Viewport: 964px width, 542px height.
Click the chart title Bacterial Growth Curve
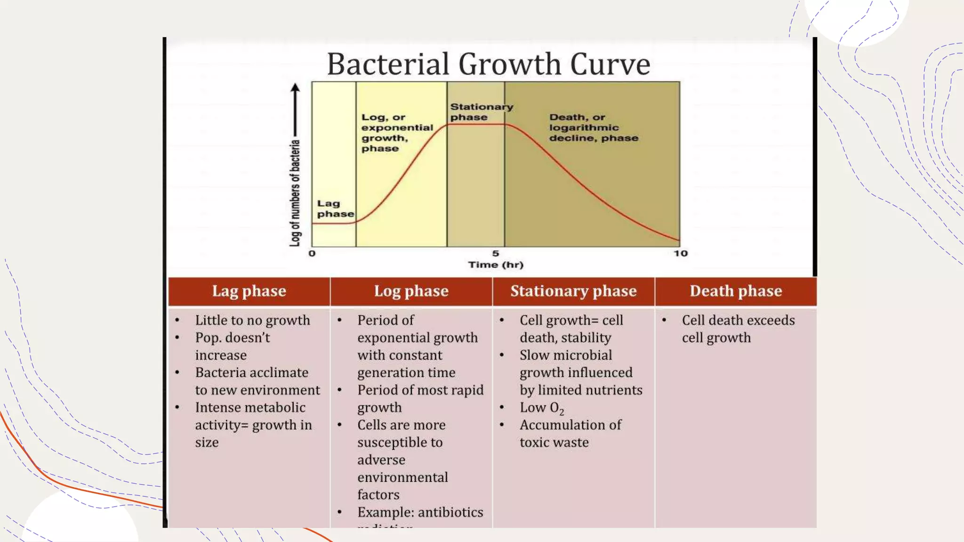488,64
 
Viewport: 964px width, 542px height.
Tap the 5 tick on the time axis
495,254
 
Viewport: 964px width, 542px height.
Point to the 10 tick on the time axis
680,254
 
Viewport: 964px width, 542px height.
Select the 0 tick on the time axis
312,254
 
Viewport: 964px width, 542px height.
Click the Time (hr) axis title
496,265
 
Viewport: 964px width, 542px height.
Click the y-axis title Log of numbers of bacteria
295,193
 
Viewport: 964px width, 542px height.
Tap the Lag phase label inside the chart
335,209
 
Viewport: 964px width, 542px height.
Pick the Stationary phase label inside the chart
481,112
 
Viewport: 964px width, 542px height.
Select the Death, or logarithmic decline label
594,128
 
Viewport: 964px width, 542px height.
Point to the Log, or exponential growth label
397,133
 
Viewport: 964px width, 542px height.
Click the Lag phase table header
249,291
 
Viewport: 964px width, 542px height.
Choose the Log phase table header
411,291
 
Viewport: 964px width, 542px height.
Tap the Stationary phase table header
573,291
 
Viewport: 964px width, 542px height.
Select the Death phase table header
736,291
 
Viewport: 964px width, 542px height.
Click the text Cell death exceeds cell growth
738,329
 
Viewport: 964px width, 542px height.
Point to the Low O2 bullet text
541,408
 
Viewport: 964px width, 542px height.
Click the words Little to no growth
252,320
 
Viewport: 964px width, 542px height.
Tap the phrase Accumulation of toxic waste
570,433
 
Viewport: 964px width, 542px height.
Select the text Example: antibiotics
420,512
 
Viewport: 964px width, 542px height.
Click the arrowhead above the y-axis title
295,88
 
